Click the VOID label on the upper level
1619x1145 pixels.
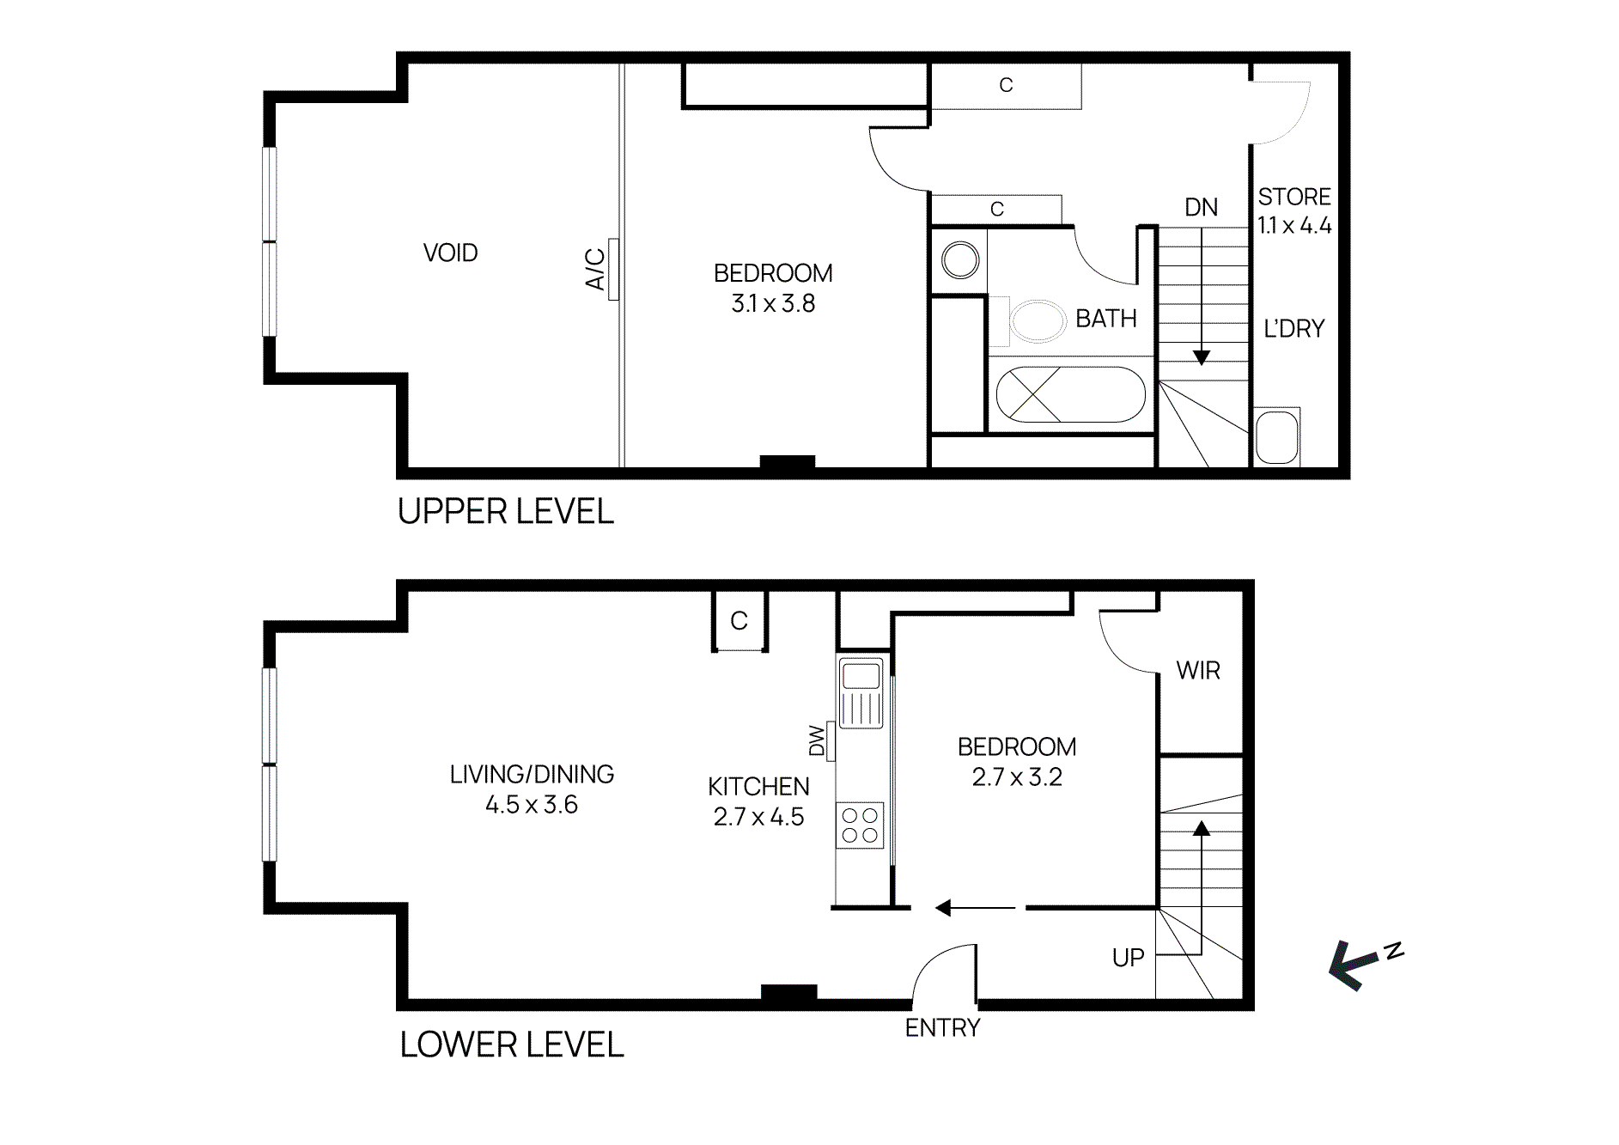tap(450, 253)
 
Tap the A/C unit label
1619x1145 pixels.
tap(595, 269)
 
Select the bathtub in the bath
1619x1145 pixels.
tap(1070, 394)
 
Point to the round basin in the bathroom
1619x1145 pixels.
tap(959, 259)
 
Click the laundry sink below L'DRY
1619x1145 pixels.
tap(1276, 437)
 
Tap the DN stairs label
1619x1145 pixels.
tap(1201, 208)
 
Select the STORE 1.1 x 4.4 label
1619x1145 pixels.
tap(1294, 211)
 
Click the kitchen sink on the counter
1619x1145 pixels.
tap(861, 677)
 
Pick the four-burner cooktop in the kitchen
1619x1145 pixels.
tap(860, 825)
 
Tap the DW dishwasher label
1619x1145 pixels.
tap(817, 740)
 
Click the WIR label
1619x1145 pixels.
tap(1198, 671)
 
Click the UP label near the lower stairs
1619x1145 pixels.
tap(1128, 958)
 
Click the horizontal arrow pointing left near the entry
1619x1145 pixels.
tap(975, 908)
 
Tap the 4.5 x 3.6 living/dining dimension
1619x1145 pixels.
tap(532, 805)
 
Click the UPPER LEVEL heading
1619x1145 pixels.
tap(505, 512)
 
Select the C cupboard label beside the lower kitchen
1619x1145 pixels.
tap(739, 621)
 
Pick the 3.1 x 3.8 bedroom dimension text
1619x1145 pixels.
tap(773, 304)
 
